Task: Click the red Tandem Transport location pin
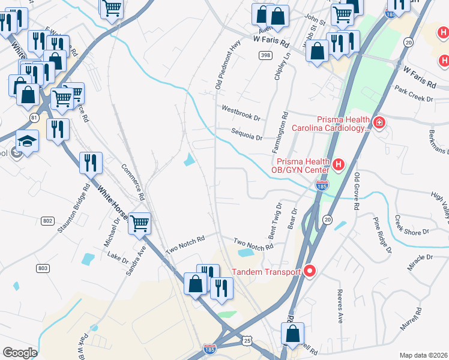(x=310, y=272)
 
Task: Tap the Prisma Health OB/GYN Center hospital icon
(x=339, y=163)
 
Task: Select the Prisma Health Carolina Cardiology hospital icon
(x=379, y=123)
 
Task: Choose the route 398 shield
(x=265, y=56)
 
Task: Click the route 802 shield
(x=48, y=221)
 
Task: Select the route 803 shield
(x=42, y=268)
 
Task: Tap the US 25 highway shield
(x=248, y=341)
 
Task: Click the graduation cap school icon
(x=27, y=141)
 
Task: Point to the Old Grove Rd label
(x=357, y=191)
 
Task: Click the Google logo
(x=20, y=353)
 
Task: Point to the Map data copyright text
(x=423, y=355)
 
